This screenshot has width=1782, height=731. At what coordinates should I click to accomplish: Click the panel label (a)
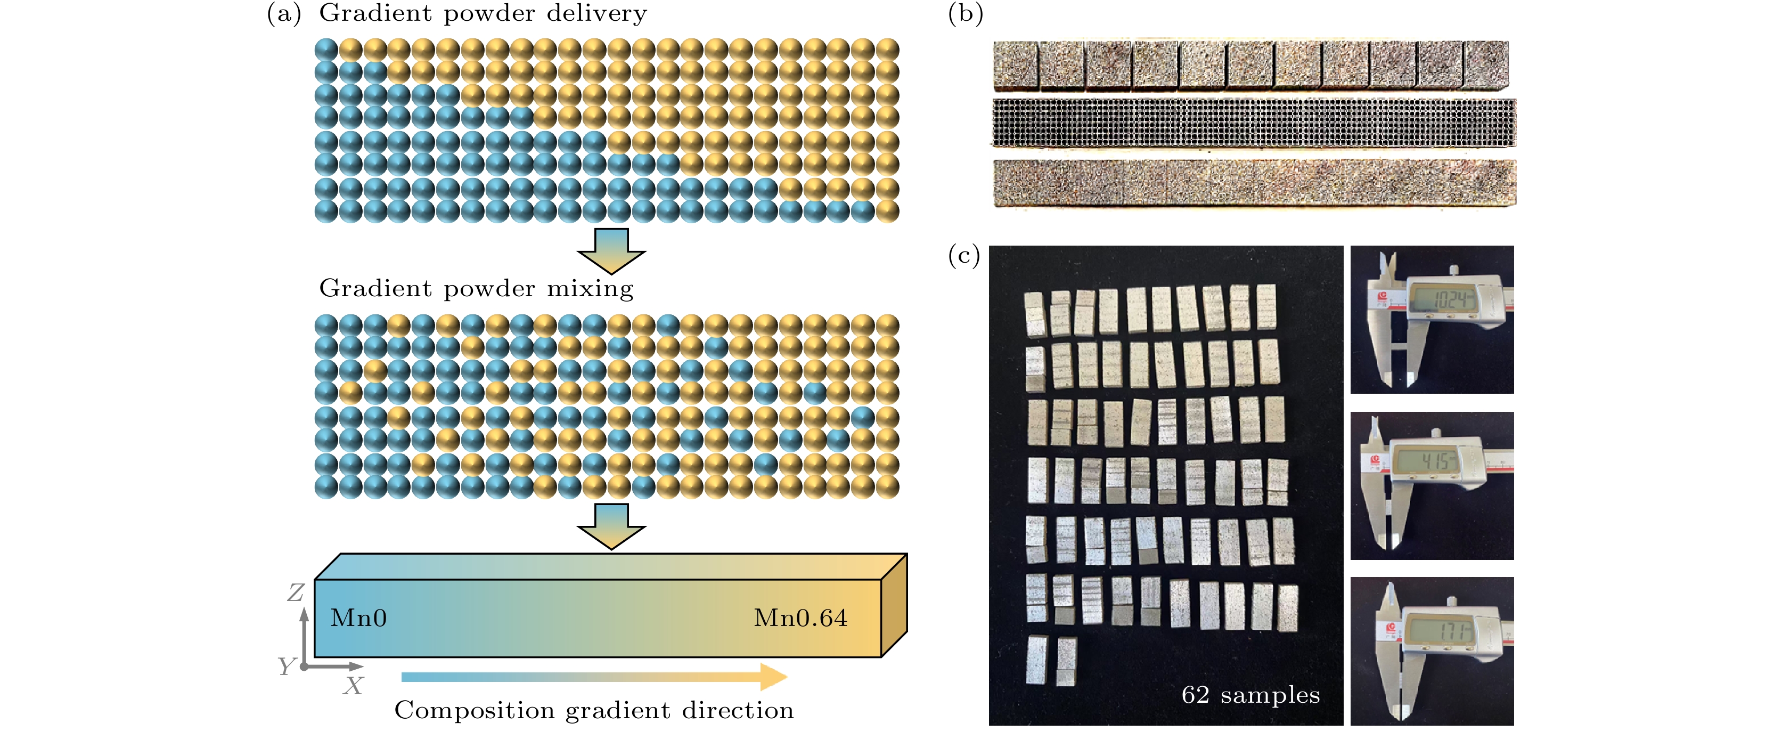pos(284,14)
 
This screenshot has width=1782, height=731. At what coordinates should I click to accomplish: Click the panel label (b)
pos(965,14)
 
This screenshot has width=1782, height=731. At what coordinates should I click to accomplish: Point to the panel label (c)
pos(963,256)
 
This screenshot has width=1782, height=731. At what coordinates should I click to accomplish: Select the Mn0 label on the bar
pos(358,618)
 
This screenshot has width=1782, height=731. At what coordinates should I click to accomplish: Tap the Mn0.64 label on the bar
pos(800,618)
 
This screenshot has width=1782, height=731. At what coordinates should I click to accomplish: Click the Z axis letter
pos(296,592)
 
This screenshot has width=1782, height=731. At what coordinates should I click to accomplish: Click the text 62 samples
pos(1250,695)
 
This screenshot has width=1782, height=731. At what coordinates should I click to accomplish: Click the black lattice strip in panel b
pos(1253,123)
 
